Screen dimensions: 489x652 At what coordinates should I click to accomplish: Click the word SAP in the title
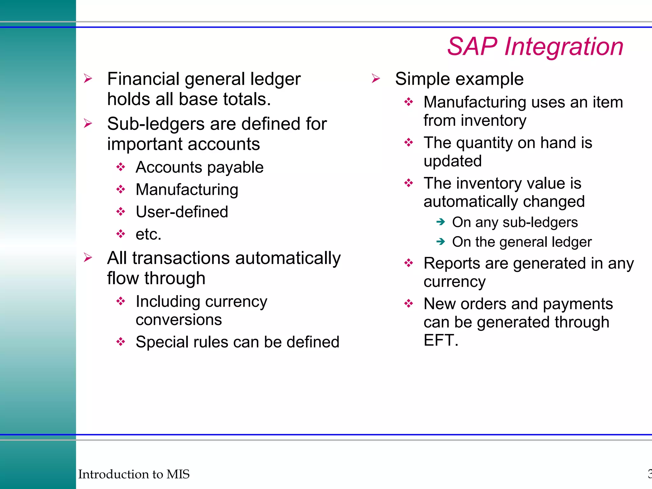(472, 46)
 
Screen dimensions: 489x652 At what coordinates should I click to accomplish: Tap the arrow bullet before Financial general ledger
(88, 78)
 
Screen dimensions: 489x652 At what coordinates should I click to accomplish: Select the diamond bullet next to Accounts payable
(121, 167)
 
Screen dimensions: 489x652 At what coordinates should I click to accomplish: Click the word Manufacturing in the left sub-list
(187, 189)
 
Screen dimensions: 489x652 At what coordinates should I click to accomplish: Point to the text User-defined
(182, 212)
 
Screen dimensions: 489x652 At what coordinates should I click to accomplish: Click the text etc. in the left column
(148, 234)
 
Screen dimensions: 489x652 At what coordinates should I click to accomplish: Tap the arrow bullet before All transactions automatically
(88, 257)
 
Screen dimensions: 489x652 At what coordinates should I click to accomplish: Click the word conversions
(179, 319)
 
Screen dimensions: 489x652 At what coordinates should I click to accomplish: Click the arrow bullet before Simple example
(376, 78)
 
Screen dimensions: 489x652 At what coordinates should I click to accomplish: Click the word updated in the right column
(452, 161)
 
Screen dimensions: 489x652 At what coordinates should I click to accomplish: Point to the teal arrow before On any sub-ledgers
(441, 222)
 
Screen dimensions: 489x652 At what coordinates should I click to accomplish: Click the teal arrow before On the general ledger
(441, 242)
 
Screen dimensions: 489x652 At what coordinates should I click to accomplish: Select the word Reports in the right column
(452, 264)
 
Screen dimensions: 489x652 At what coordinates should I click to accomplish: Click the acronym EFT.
(439, 340)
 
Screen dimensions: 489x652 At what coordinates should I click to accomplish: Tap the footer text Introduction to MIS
(134, 474)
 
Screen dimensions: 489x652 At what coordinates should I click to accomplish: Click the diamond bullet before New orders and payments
(408, 303)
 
